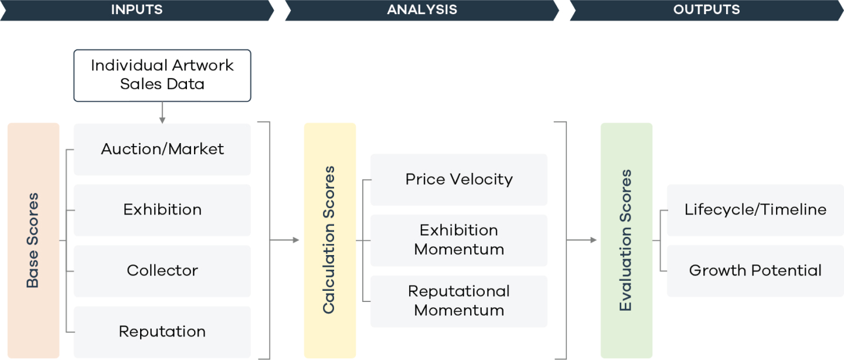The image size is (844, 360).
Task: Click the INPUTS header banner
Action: pos(137,10)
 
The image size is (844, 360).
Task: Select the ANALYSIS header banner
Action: pos(422,10)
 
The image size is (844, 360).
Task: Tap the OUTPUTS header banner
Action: pos(707,10)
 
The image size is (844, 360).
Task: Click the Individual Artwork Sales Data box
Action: pos(162,76)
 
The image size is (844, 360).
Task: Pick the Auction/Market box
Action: pos(162,150)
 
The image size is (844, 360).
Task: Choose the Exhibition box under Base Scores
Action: pos(162,210)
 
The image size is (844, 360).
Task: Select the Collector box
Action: pos(162,271)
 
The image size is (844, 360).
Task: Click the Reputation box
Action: pos(162,332)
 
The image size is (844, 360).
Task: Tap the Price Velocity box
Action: pos(459,180)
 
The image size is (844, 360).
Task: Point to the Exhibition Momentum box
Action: pos(459,240)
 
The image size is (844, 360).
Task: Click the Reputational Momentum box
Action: pos(459,301)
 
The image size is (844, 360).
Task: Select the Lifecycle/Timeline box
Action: pos(755,210)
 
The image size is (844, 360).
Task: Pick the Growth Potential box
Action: pos(755,271)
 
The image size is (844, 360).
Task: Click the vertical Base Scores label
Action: pos(33,240)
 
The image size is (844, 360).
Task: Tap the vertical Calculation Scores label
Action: pos(329,240)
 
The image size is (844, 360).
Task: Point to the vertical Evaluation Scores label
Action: pos(626,240)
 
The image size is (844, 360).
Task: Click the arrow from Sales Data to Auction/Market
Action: pos(162,113)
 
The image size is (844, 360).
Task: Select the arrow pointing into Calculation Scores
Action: pos(284,240)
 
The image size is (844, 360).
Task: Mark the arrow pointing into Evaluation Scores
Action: pos(582,240)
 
